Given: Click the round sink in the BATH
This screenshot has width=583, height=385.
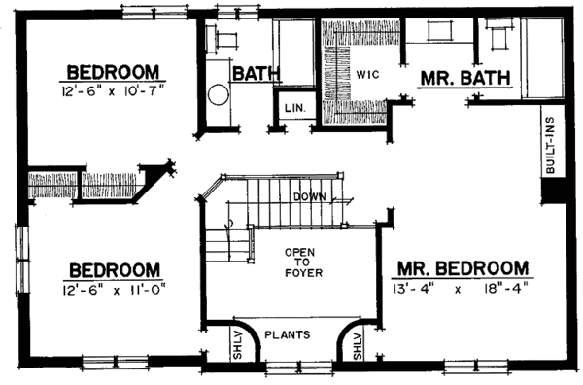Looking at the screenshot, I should pyautogui.click(x=217, y=96).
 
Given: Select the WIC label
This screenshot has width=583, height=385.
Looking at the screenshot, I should pyautogui.click(x=368, y=74).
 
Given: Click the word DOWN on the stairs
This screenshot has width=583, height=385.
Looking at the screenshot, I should pyautogui.click(x=310, y=196).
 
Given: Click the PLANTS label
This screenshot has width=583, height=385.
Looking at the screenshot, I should pyautogui.click(x=291, y=335).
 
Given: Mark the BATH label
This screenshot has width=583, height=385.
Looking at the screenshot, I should pyautogui.click(x=257, y=74).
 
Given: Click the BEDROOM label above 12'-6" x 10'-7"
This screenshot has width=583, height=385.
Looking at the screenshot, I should pyautogui.click(x=113, y=72).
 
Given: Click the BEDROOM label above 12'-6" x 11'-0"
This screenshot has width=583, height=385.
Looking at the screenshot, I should pyautogui.click(x=113, y=268).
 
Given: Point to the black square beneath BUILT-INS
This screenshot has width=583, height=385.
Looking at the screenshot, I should pyautogui.click(x=552, y=192).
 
